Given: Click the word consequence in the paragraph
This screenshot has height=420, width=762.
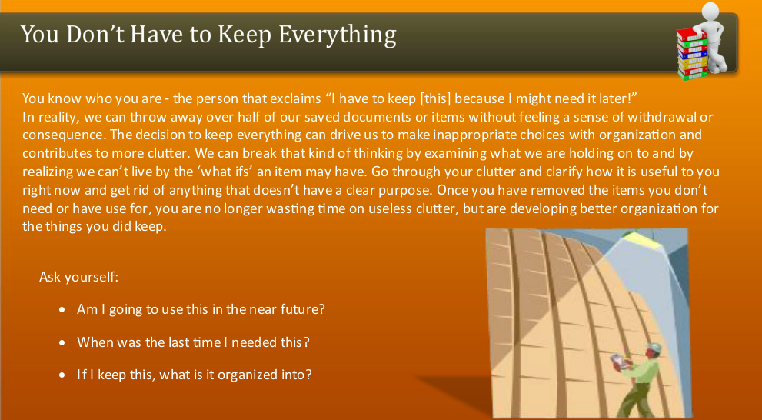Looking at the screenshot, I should point(59,135).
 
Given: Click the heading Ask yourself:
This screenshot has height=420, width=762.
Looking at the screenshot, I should point(78,276).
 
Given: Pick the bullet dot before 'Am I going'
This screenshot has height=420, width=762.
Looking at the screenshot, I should point(62,310).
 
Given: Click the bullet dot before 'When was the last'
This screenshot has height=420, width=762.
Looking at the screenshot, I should point(62,343).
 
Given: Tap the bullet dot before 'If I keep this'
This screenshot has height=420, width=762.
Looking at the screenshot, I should point(62,376).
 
